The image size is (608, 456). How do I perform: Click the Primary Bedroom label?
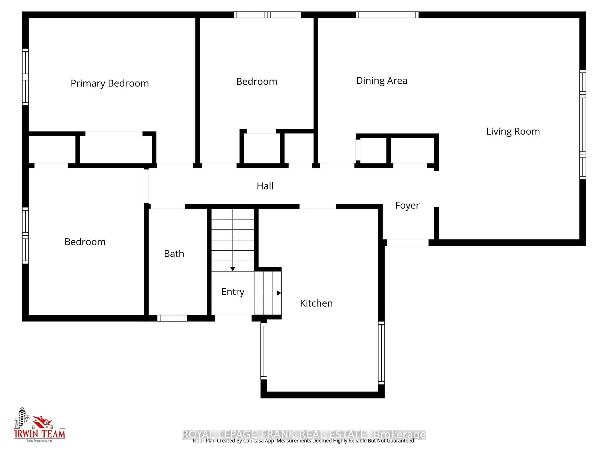coord(110,83)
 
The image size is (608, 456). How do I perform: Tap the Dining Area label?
coord(382,81)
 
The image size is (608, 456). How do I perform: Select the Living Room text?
coord(513,131)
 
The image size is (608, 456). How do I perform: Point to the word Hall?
coord(265,186)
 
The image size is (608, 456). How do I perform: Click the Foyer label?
coord(407,205)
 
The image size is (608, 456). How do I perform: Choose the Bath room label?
coord(174,253)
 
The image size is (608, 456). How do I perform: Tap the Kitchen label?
coord(316,303)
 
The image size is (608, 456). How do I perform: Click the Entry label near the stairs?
coord(233,292)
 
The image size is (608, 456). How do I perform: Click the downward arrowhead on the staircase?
coord(233,269)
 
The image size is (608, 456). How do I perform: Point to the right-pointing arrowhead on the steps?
coord(279,293)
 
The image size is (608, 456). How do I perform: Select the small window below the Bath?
coord(172,318)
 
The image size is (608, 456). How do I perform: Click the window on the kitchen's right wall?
coord(381,353)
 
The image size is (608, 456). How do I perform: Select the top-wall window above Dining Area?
coord(387,15)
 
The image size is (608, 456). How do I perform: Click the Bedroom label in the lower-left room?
coord(85,242)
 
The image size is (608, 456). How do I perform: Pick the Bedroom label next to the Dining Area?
coord(256,82)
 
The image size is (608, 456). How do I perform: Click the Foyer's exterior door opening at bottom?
coord(407,242)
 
